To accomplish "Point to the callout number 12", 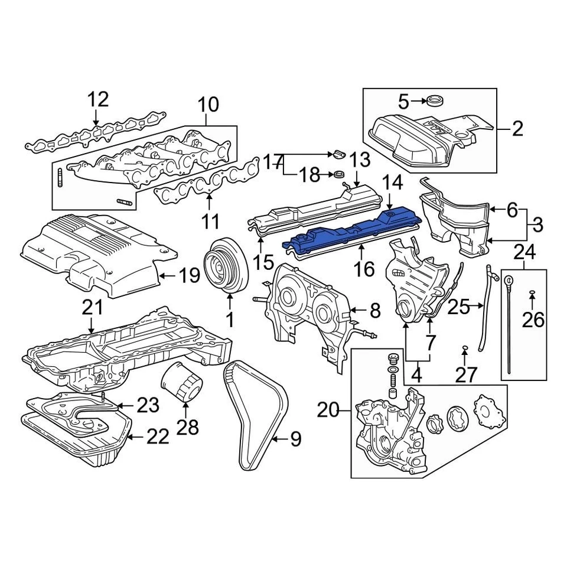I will point(99,99).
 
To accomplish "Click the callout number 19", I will point(190,275).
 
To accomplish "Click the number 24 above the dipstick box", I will point(524,253).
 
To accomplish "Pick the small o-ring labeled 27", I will point(465,346).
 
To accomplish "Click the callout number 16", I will point(364,269).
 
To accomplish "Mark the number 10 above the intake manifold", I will point(207,105).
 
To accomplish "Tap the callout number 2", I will point(517,128).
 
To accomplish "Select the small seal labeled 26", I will point(532,293).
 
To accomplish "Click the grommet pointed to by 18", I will point(340,174).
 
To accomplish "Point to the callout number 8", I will point(374,309).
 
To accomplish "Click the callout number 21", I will point(93,307).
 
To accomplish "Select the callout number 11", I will point(210,222).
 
